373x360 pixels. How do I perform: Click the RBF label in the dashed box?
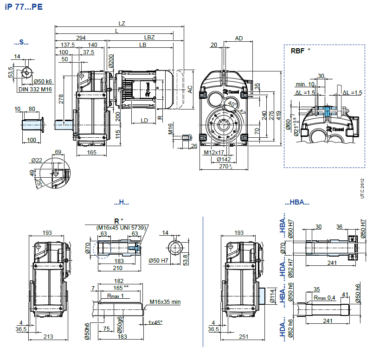297,51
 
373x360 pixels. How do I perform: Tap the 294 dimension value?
81,38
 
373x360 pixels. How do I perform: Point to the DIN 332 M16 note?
35,89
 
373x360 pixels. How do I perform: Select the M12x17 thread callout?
214,152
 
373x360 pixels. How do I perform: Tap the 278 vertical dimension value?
61,99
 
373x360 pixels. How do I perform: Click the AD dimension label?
239,38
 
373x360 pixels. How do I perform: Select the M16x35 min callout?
165,302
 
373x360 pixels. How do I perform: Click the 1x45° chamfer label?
155,322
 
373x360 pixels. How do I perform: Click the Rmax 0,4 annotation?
324,297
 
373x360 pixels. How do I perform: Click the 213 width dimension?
48,337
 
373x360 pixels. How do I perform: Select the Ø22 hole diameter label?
37,160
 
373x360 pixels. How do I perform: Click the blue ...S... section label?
21,42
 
